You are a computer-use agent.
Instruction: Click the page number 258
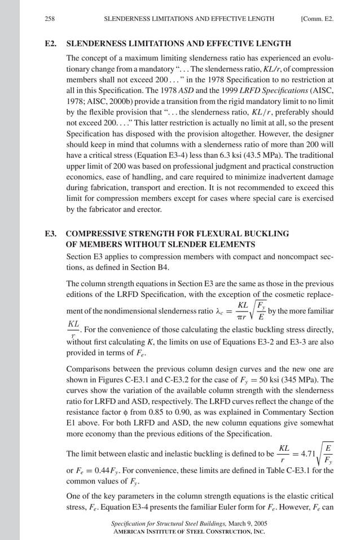49,19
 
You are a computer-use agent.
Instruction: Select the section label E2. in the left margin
51,43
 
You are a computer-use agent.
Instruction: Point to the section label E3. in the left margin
51,233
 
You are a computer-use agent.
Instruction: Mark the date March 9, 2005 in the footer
247,524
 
